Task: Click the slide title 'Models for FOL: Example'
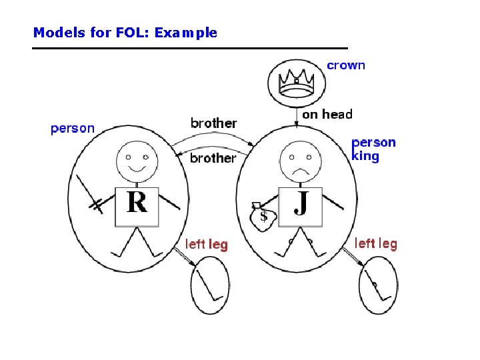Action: [x=125, y=32]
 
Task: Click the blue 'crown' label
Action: [x=346, y=65]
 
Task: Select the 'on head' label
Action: [x=327, y=115]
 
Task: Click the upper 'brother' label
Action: [x=213, y=123]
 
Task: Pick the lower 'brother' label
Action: [x=213, y=158]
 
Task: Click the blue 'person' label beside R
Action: [x=73, y=128]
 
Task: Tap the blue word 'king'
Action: [x=365, y=157]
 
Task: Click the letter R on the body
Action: [x=137, y=201]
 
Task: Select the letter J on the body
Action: [x=301, y=201]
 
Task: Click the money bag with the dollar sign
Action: [x=262, y=215]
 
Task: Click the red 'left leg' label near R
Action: [x=206, y=245]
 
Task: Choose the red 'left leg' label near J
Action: [x=375, y=243]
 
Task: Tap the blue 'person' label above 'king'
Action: [x=373, y=142]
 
